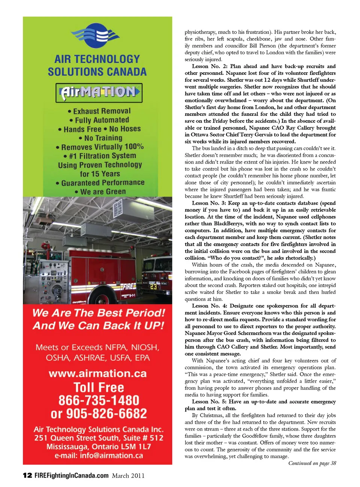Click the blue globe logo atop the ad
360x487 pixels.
coord(97,36)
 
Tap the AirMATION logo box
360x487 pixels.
coord(99,93)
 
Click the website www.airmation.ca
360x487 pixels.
coord(97,373)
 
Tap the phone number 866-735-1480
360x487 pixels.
coord(99,400)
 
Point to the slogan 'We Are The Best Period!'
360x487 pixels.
coord(98,313)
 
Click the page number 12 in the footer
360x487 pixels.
coord(27,475)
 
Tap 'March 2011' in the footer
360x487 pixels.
coord(128,476)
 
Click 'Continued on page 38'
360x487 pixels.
coord(312,463)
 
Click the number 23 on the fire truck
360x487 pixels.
coord(153,286)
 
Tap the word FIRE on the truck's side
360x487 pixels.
coord(127,287)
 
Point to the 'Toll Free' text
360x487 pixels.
coord(99,387)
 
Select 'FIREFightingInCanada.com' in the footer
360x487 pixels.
coord(72,475)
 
